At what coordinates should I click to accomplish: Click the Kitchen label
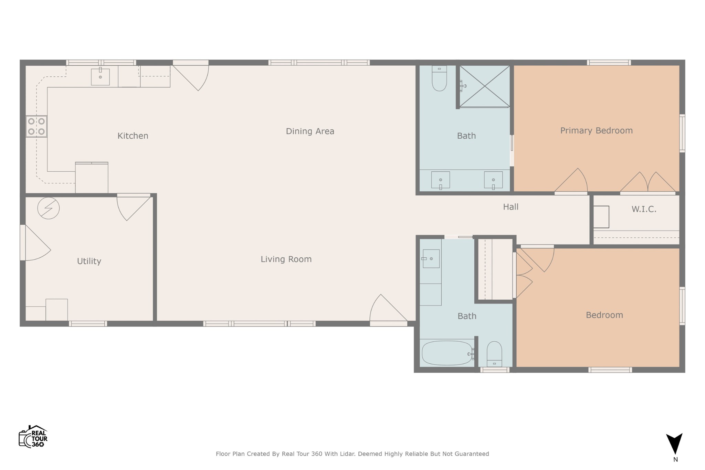click(133, 136)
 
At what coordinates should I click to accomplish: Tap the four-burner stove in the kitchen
click(36, 126)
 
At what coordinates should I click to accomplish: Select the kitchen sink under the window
click(100, 76)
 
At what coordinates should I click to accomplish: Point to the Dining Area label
click(310, 131)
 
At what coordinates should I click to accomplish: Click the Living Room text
click(286, 259)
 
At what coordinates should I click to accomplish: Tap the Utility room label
click(89, 261)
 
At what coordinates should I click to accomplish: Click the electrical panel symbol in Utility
click(49, 208)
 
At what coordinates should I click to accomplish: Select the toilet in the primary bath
click(439, 78)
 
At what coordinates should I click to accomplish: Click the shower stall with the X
click(485, 86)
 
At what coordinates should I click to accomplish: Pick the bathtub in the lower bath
click(447, 353)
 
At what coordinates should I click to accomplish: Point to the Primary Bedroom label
click(596, 131)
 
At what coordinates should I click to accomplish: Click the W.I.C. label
click(644, 209)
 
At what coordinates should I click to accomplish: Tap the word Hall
click(511, 207)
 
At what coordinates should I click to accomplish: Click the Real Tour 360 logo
click(33, 436)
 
